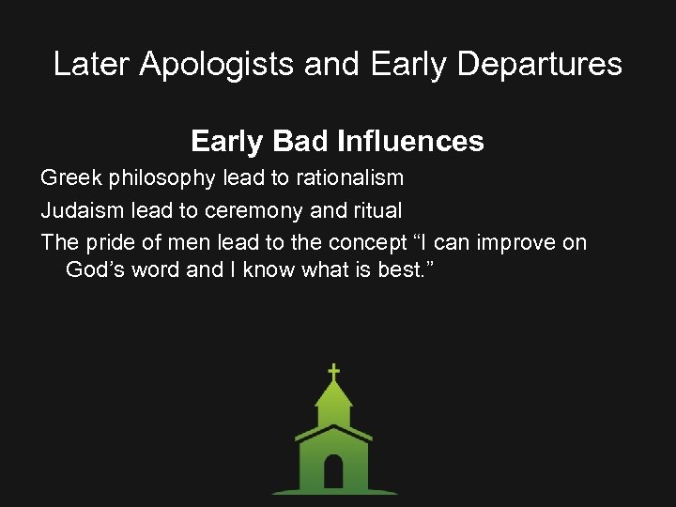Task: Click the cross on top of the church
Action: (333, 372)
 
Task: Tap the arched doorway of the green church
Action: (333, 471)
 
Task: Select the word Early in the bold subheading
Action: (228, 142)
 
